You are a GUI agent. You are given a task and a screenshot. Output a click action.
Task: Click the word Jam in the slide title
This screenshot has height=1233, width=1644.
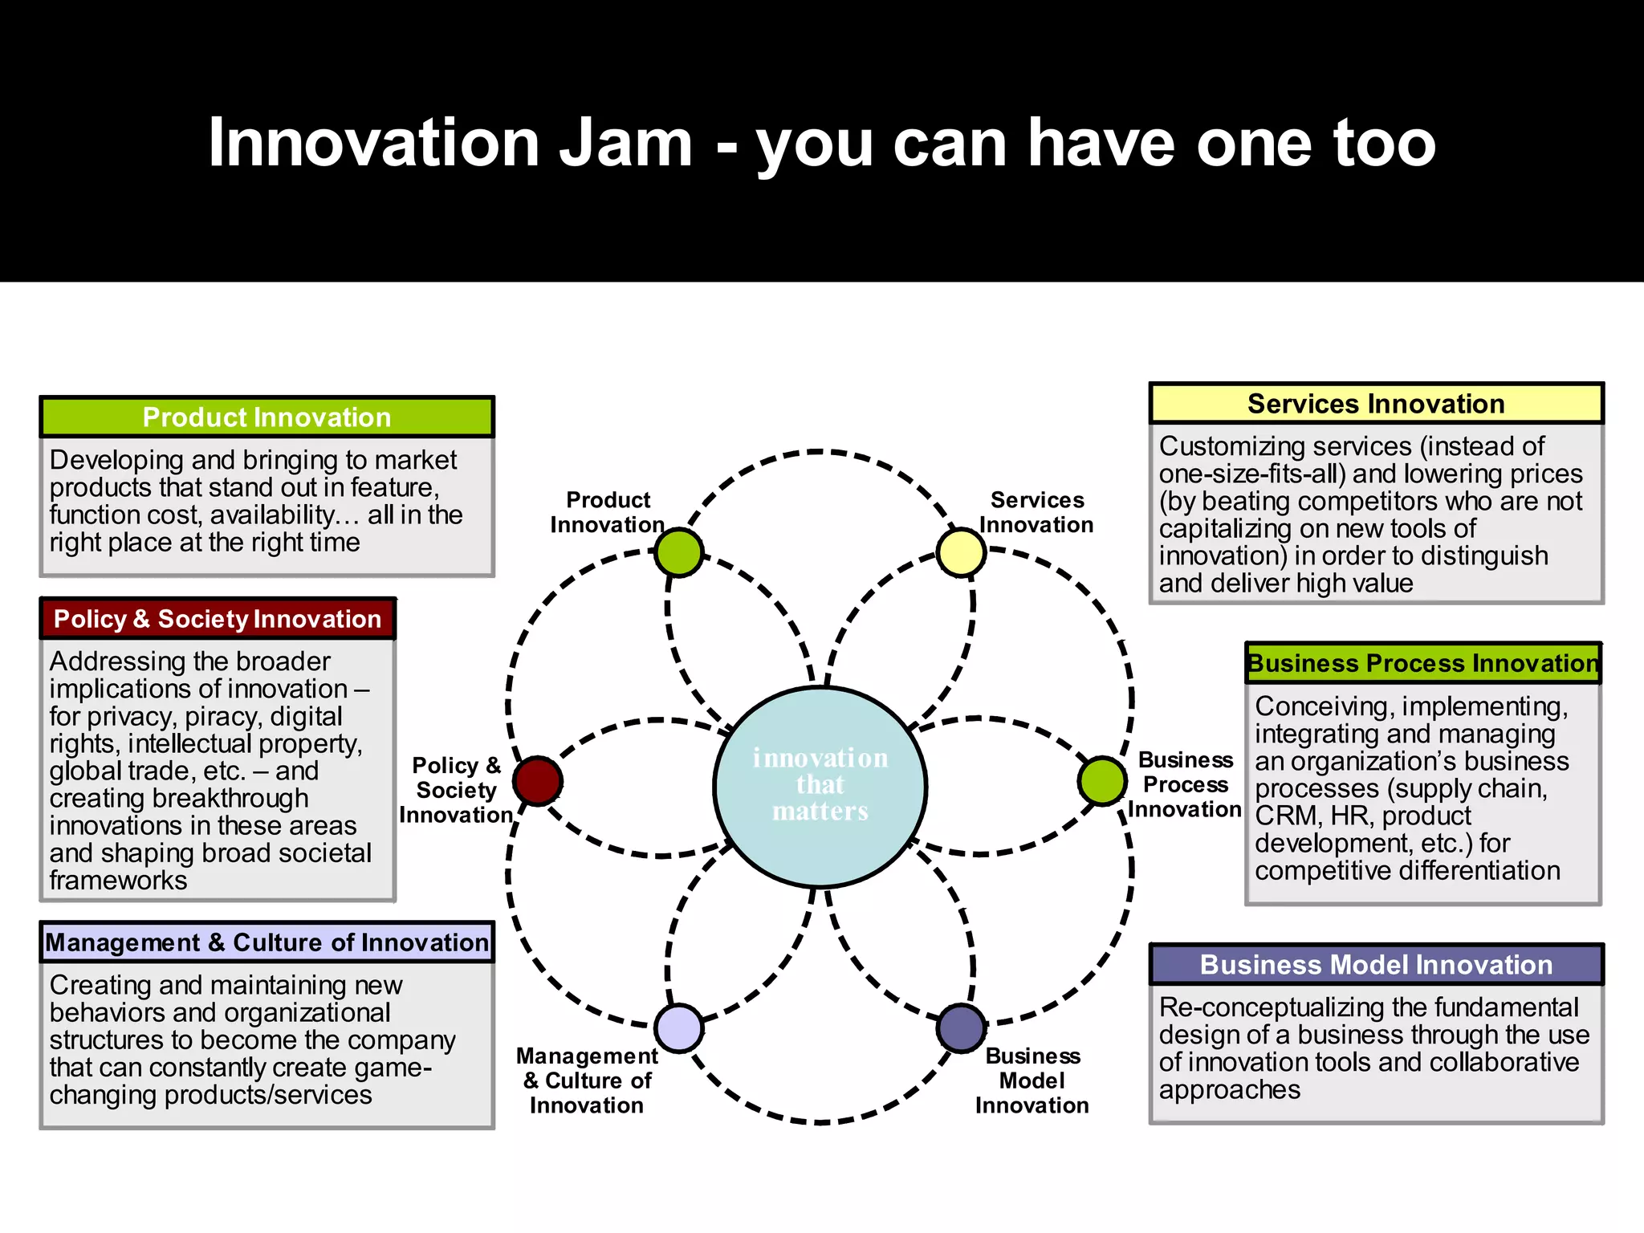pyautogui.click(x=625, y=144)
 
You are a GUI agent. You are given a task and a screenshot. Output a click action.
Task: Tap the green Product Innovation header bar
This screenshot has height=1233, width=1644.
pyautogui.click(x=267, y=417)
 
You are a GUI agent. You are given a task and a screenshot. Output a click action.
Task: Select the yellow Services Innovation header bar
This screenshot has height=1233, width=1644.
pyautogui.click(x=1376, y=404)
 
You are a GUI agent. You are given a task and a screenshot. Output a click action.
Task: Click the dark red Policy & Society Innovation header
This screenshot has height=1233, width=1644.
pyautogui.click(x=218, y=619)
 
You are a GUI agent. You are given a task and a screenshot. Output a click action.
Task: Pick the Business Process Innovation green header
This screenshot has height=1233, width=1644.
pyautogui.click(x=1422, y=664)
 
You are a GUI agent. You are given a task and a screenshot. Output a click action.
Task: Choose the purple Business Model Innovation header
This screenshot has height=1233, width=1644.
pyautogui.click(x=1376, y=965)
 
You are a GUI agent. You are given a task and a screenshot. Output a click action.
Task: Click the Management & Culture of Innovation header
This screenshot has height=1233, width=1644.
pyautogui.click(x=267, y=942)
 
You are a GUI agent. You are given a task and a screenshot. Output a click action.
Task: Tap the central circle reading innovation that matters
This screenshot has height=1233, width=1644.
pyautogui.click(x=820, y=786)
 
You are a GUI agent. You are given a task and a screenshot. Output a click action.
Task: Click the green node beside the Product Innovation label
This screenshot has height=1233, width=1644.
pyautogui.click(x=679, y=552)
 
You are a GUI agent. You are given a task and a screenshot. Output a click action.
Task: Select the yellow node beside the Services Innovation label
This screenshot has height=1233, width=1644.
pyautogui.click(x=961, y=552)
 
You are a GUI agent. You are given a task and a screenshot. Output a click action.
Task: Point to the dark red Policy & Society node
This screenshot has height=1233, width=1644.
pyautogui.click(x=538, y=781)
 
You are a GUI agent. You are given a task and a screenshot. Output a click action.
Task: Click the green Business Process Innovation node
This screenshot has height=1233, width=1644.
pyautogui.click(x=1103, y=780)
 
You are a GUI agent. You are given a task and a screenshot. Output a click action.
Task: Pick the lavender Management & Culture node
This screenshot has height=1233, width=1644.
pyautogui.click(x=679, y=1027)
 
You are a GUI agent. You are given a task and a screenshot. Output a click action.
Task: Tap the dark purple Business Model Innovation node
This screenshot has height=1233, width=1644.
pyautogui.click(x=961, y=1027)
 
